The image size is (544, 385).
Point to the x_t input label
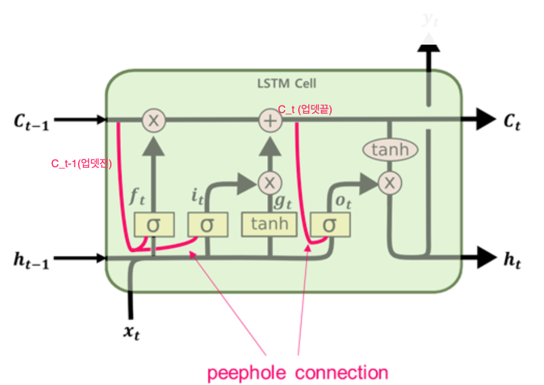tap(131, 331)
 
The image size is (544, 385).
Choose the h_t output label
tap(513, 259)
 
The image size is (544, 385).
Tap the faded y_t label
tap(430, 20)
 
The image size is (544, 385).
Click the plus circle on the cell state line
tap(271, 120)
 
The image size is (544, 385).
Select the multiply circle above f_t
tap(154, 120)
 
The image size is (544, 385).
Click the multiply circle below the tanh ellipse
tap(389, 183)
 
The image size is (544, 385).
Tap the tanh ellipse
tap(389, 149)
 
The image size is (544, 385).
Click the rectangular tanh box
tap(269, 224)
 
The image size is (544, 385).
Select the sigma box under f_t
tap(154, 224)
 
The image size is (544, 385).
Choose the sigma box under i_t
tap(207, 224)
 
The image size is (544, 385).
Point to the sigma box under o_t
tap(329, 224)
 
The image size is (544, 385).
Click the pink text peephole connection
tap(297, 373)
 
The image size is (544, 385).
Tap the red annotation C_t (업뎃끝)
tap(305, 109)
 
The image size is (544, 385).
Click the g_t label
tap(282, 201)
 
